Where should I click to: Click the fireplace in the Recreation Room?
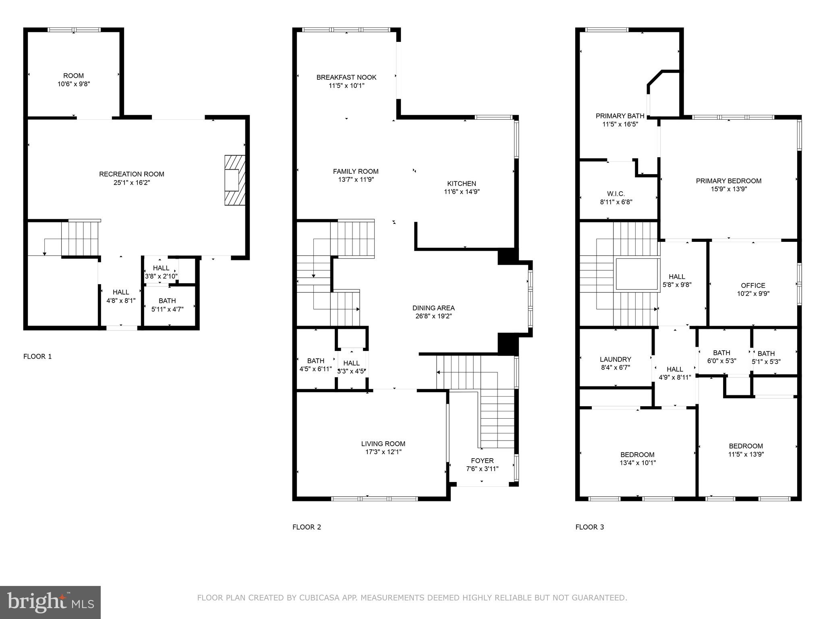click(234, 180)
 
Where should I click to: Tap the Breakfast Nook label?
click(346, 77)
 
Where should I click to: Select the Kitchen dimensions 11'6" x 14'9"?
click(462, 192)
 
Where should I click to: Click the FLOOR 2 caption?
click(307, 527)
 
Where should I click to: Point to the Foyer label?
click(482, 461)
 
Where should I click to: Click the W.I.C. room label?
click(616, 194)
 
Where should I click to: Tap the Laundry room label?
click(615, 359)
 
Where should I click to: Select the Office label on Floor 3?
click(753, 285)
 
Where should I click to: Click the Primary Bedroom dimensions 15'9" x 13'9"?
click(729, 189)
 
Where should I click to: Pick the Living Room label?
click(383, 444)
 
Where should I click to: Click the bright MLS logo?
click(50, 602)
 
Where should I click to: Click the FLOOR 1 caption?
click(37, 356)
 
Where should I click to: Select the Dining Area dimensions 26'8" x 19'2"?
click(433, 316)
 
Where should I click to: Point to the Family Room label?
click(356, 171)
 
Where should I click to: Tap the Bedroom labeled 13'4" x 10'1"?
click(637, 459)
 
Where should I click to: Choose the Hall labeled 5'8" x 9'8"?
click(677, 280)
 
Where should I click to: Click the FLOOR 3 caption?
click(589, 527)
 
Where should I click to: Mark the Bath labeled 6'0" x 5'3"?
click(721, 357)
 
